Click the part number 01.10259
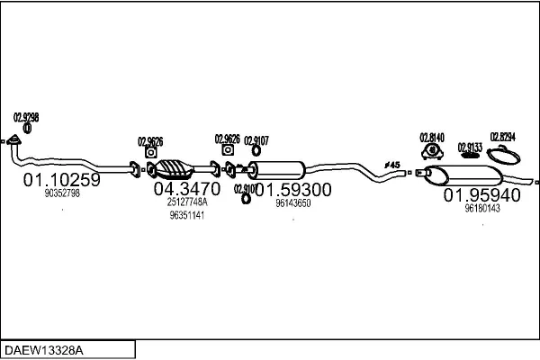[x=61, y=179]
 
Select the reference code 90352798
[x=62, y=193]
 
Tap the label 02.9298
[x=26, y=117]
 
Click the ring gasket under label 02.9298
[x=27, y=129]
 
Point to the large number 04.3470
[x=186, y=189]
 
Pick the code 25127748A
[x=187, y=202]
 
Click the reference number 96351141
[x=186, y=216]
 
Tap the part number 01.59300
[x=292, y=189]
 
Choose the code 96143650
[x=293, y=203]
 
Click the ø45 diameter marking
[x=391, y=164]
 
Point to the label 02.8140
[x=431, y=137]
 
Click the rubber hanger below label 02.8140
[x=430, y=151]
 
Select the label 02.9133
[x=470, y=146]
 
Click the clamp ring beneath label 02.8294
[x=508, y=155]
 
